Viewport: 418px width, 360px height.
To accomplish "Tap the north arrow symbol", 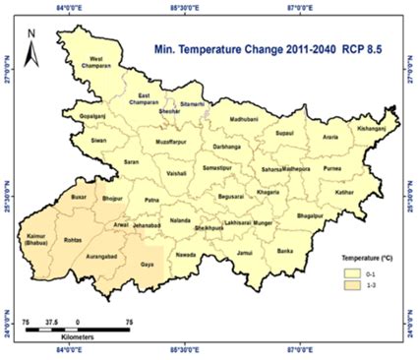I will click(33, 43).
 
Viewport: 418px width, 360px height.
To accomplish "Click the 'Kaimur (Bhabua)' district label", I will click(37, 239).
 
